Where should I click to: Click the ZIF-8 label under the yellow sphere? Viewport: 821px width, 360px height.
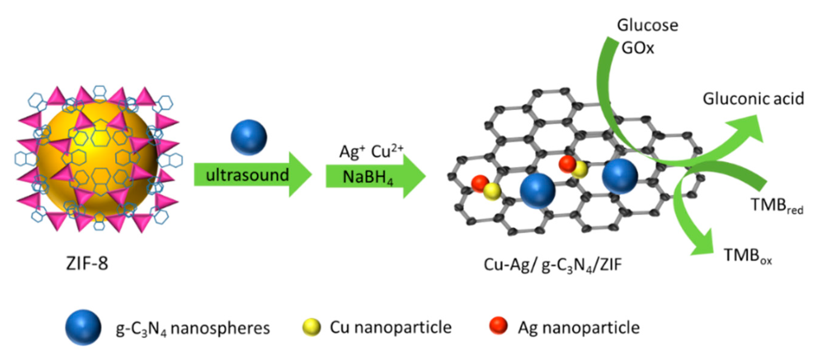coord(87,264)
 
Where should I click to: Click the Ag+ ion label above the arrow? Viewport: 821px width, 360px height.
coord(352,152)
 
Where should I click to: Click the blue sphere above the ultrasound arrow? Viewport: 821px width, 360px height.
coord(249,137)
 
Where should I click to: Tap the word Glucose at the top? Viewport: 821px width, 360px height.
coord(647,25)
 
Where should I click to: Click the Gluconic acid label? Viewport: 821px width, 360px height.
coord(753,99)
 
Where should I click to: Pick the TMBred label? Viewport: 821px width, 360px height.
coord(777,205)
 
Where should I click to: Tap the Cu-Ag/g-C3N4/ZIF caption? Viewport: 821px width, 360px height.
coord(552,265)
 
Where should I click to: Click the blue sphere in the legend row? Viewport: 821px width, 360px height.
coord(83,327)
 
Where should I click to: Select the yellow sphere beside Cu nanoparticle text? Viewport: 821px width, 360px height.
coord(311,327)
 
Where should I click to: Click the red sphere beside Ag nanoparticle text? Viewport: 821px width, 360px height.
coord(498,325)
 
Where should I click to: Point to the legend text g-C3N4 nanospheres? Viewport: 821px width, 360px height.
coord(193,328)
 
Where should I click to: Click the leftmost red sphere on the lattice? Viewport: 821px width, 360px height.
coord(480,183)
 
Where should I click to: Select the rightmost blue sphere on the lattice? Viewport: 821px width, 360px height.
coord(620,176)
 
